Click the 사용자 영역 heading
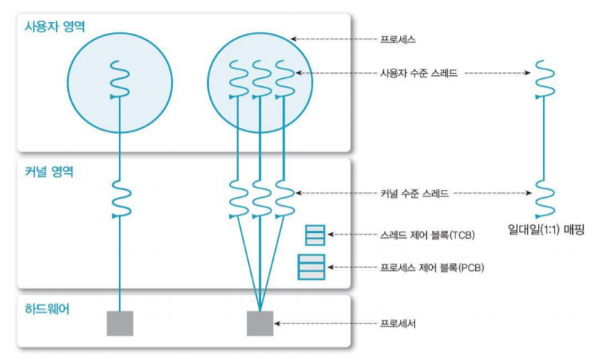pos(55,27)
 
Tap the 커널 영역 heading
pos(50,173)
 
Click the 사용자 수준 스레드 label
pos(414,74)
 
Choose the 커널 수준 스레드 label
pos(414,194)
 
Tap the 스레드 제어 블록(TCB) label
pos(427,234)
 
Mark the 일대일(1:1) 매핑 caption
pos(547,231)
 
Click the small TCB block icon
pos(315,235)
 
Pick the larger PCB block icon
pos(311,267)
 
